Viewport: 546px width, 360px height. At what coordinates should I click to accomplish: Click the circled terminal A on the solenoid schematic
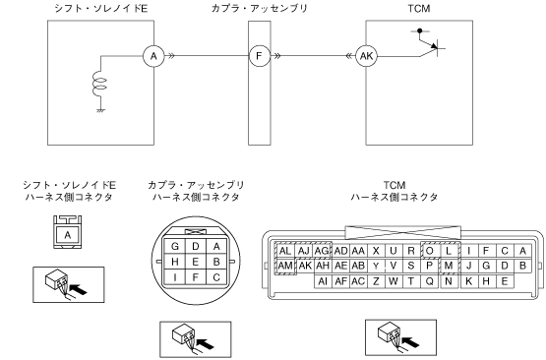point(153,56)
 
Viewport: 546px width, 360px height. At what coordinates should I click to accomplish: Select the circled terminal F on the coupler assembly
point(259,56)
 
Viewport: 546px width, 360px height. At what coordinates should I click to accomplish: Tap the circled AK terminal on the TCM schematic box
point(366,56)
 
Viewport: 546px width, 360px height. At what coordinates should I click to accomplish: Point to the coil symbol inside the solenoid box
point(99,84)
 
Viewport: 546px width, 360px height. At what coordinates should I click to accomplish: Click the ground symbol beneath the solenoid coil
point(100,111)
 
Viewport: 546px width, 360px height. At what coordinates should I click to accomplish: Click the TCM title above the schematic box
point(419,8)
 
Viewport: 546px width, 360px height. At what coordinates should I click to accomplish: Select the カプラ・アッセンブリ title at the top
point(260,8)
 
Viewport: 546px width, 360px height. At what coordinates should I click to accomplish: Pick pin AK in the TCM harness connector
point(305,266)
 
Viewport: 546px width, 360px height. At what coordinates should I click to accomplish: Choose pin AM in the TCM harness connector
point(285,266)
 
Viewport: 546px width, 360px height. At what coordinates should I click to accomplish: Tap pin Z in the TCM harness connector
point(376,281)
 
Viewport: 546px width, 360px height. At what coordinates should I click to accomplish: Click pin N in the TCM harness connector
point(449,281)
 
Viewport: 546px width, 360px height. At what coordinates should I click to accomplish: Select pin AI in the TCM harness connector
point(323,281)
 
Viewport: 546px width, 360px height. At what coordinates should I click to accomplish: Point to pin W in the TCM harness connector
point(394,281)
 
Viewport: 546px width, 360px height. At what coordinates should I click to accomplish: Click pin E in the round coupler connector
point(196,262)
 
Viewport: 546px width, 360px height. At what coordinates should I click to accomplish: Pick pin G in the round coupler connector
point(175,247)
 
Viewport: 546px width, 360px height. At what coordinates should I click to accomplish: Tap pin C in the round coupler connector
point(216,277)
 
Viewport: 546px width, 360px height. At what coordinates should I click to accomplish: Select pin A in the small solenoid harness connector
point(68,235)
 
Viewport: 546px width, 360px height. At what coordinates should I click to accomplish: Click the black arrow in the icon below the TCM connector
point(409,342)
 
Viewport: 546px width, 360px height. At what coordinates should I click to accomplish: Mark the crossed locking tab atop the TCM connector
point(402,232)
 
